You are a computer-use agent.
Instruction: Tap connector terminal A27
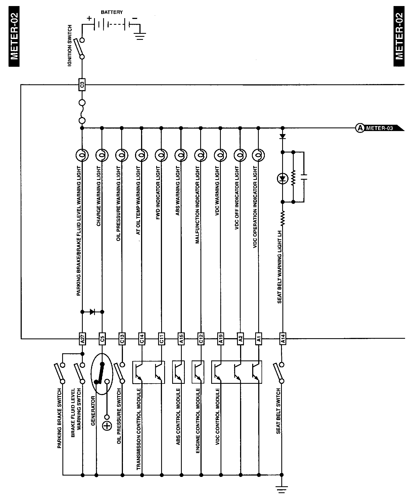point(82,339)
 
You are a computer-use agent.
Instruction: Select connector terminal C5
point(102,339)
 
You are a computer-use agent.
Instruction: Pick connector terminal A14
point(282,339)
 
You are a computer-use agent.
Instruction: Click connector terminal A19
point(221,339)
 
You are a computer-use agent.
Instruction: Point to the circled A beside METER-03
point(360,128)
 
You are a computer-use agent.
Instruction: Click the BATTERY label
point(112,12)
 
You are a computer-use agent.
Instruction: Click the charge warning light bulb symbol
point(102,155)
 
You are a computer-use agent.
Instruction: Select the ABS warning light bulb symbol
point(181,155)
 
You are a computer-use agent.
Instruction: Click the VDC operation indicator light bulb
point(258,155)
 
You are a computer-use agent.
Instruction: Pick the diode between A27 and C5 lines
point(92,312)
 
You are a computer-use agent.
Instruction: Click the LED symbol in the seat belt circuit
point(282,179)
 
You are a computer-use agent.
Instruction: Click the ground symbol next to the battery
point(140,36)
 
